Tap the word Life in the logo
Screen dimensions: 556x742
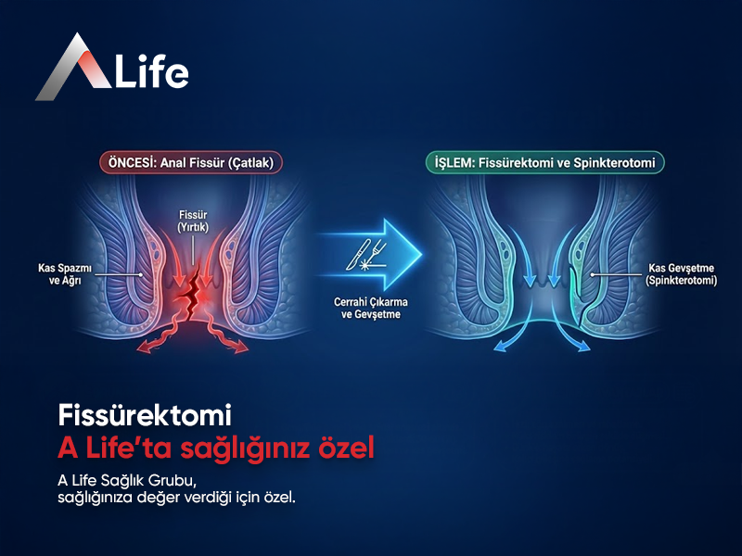[151, 72]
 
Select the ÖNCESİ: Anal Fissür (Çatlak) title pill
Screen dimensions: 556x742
[192, 162]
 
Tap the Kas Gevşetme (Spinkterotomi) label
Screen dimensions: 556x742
[671, 273]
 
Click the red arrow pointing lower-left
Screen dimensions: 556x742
[148, 345]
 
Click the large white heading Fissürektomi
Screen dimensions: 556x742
[144, 413]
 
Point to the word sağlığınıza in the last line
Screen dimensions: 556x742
[93, 498]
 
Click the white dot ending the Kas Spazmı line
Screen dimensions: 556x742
[140, 274]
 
